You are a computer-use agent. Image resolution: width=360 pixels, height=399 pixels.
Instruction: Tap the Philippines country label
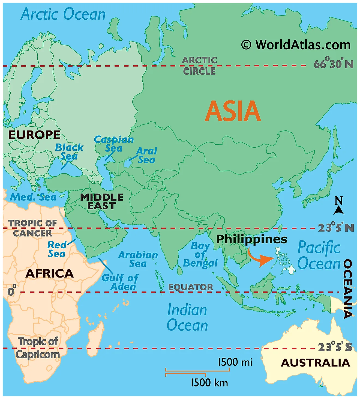(x=251, y=239)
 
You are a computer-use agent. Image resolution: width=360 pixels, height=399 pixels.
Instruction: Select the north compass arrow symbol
(x=338, y=210)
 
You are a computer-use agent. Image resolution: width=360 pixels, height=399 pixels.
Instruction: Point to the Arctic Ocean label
(x=63, y=14)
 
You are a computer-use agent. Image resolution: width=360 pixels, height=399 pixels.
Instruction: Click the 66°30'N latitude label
(x=333, y=64)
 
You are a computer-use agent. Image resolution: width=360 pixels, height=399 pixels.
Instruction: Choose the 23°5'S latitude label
(x=335, y=347)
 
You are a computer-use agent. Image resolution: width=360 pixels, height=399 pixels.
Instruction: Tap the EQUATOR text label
(x=190, y=287)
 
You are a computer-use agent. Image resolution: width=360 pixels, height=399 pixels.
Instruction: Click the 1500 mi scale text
(x=235, y=362)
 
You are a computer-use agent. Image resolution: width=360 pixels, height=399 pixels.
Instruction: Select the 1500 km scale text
(x=209, y=383)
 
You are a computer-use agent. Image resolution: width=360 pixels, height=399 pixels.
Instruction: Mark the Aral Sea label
(x=147, y=155)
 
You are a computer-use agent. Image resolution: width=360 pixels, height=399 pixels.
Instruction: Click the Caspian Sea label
(x=114, y=144)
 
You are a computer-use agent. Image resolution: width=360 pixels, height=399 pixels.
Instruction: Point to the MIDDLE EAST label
(x=102, y=201)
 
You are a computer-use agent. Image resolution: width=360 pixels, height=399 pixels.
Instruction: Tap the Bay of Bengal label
(x=200, y=254)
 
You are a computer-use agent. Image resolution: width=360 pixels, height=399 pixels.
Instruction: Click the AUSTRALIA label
(x=315, y=363)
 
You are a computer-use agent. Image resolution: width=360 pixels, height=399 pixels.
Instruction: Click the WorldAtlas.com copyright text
(x=296, y=45)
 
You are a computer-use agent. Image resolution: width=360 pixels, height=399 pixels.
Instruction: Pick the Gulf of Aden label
(x=120, y=282)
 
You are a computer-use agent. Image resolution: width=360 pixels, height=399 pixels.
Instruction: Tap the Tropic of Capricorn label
(x=38, y=348)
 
